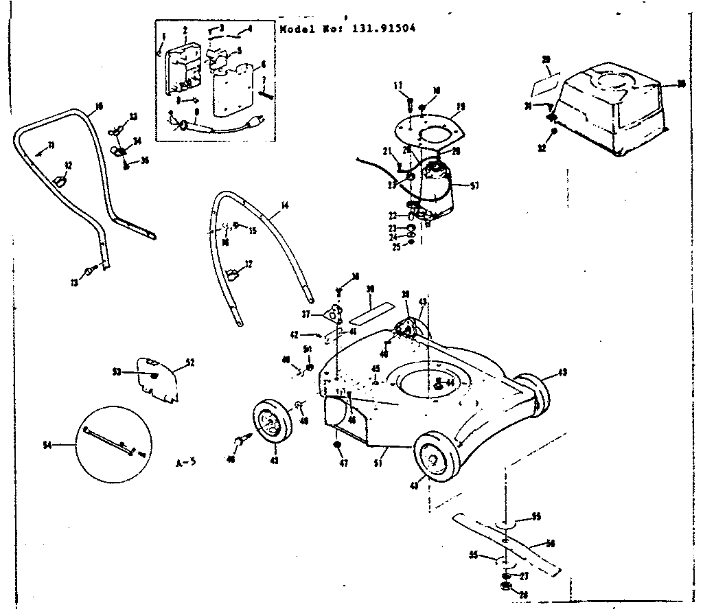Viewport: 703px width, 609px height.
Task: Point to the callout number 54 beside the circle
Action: click(47, 445)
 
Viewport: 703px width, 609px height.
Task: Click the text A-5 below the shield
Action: click(186, 461)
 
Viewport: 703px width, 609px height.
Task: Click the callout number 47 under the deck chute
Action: click(343, 463)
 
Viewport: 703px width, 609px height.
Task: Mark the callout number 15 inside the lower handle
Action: click(253, 230)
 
